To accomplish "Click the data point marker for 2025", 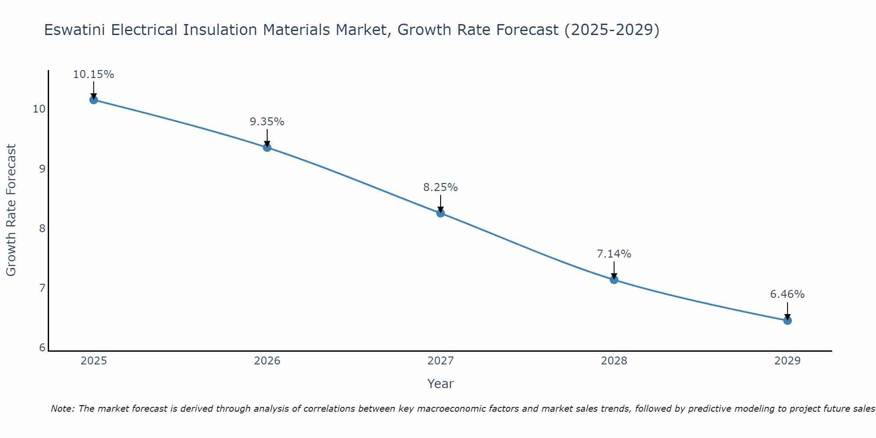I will tap(94, 100).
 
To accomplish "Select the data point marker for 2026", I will tap(267, 148).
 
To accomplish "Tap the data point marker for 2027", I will tap(441, 213).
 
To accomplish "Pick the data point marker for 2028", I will tap(614, 279).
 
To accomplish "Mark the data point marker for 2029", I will tap(788, 321).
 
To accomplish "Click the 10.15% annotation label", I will tap(93, 74).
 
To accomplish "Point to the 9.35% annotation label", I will tap(267, 122).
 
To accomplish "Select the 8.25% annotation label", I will tap(441, 187).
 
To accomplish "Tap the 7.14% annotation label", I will tap(614, 254).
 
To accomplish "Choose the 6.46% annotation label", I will tap(788, 294).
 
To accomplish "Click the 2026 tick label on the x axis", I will tap(267, 361).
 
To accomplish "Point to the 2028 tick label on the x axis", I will tap(614, 361).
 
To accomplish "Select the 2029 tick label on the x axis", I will tap(788, 361).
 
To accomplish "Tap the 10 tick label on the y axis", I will tap(39, 109).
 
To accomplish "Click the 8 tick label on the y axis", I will tap(42, 228).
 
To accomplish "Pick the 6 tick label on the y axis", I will tap(42, 348).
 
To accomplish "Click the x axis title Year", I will tap(441, 384).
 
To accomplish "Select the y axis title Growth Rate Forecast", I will tap(11, 210).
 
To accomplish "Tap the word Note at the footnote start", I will tap(61, 409).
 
